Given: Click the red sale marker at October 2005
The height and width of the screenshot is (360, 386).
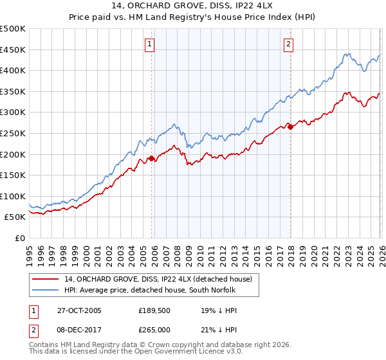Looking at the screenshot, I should tap(152, 158).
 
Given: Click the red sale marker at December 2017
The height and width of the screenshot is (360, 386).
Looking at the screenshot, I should tap(290, 127).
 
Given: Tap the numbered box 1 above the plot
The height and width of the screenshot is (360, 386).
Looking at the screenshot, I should tap(149, 44).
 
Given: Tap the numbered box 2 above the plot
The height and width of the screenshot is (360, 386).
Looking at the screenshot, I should tap(288, 44).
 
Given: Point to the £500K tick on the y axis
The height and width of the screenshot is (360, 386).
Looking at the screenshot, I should tap(13, 29).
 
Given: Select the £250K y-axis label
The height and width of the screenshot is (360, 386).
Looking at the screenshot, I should tap(13, 133).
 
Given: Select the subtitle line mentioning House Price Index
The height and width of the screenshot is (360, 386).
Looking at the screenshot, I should tap(193, 18).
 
